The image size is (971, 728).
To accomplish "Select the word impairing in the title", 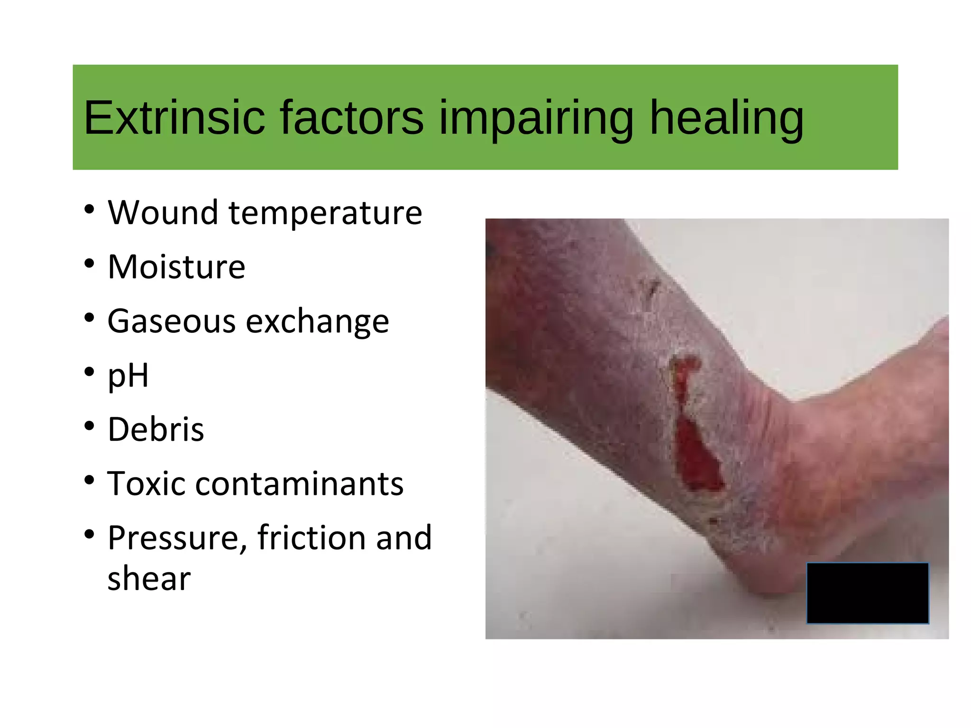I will (536, 118).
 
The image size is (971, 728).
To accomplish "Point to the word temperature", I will (325, 213).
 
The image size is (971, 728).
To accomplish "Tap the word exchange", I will (317, 321).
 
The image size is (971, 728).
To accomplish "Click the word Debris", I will (156, 429).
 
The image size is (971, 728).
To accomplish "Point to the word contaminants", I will (299, 484).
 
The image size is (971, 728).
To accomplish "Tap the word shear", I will (149, 579).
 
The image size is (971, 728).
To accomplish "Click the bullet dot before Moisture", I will (89, 264).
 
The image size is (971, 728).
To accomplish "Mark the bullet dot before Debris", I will (89, 427).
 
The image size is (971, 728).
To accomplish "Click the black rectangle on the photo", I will (867, 593).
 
